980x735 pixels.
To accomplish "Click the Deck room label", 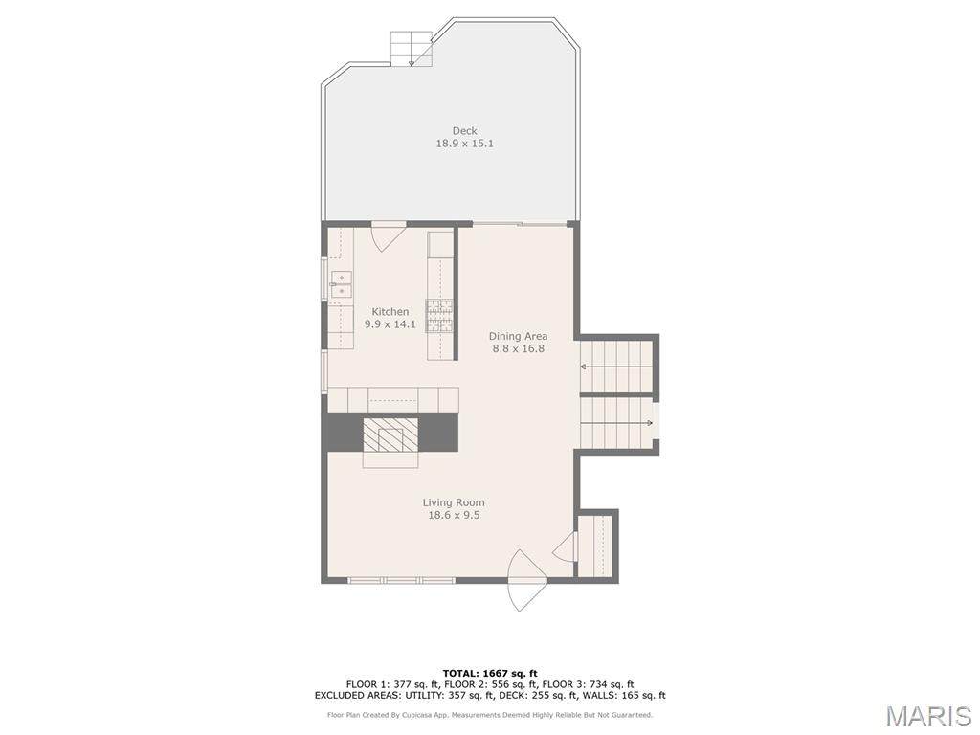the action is pyautogui.click(x=464, y=130).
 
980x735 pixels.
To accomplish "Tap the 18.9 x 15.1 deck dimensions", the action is pyautogui.click(x=464, y=144).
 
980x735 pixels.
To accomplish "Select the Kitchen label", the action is pyautogui.click(x=390, y=311).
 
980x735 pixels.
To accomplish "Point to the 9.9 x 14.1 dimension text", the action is pyautogui.click(x=390, y=323).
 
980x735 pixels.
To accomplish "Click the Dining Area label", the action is pyautogui.click(x=518, y=336).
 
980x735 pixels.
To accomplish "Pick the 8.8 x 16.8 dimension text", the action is pyautogui.click(x=518, y=348).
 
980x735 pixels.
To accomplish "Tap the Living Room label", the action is pyautogui.click(x=454, y=502).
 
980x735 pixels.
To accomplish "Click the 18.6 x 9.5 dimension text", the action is pyautogui.click(x=454, y=515).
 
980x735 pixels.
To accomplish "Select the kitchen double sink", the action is pyautogui.click(x=342, y=284).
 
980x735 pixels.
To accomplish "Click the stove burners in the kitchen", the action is pyautogui.click(x=440, y=316).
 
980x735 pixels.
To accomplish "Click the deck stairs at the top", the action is pyautogui.click(x=412, y=48).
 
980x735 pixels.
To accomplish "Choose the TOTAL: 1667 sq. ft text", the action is pyautogui.click(x=490, y=673).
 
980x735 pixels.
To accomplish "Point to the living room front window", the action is pyautogui.click(x=401, y=581).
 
